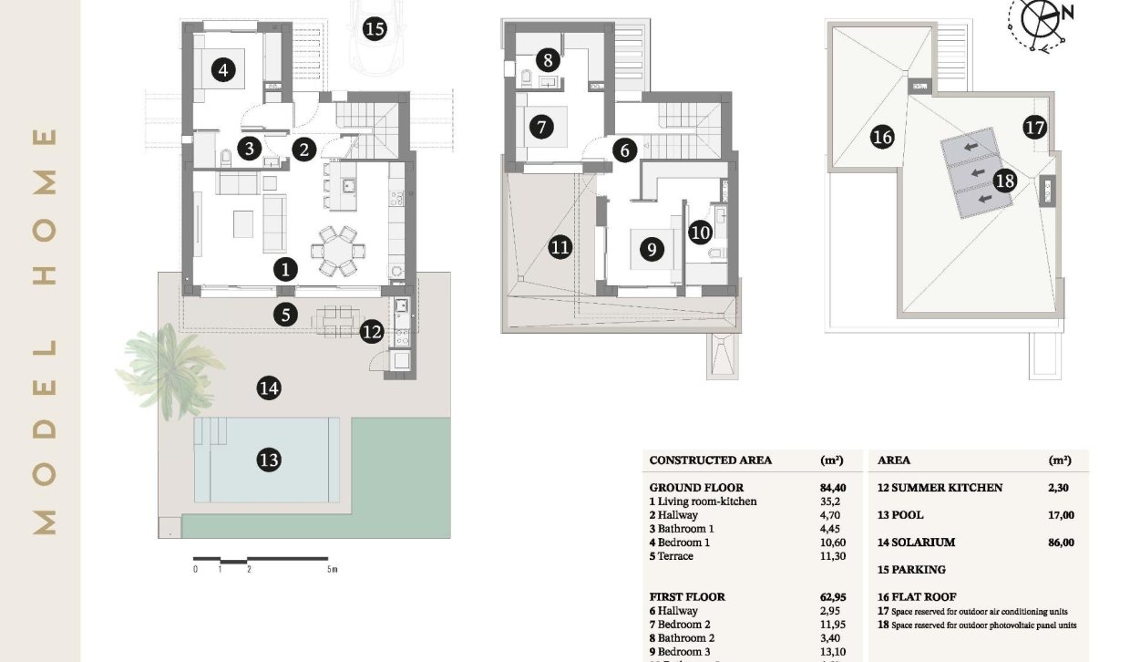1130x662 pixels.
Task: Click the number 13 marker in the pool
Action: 268,460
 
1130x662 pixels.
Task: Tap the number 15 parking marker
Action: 374,28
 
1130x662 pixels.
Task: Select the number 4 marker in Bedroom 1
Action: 221,68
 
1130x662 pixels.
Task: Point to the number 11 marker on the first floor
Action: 560,246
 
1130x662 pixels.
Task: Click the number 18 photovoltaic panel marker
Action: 1004,181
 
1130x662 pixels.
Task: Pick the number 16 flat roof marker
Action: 881,137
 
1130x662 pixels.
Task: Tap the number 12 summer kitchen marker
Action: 371,332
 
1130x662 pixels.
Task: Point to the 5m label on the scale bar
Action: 332,570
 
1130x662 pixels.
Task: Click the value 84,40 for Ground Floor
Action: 834,488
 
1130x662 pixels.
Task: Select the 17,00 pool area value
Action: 1061,515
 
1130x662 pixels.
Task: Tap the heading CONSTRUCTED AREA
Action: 710,460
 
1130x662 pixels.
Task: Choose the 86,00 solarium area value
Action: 1061,543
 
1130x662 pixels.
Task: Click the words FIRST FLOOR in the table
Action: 687,597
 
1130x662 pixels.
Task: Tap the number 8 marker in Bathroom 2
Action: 547,61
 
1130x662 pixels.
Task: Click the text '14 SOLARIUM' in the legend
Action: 916,543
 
